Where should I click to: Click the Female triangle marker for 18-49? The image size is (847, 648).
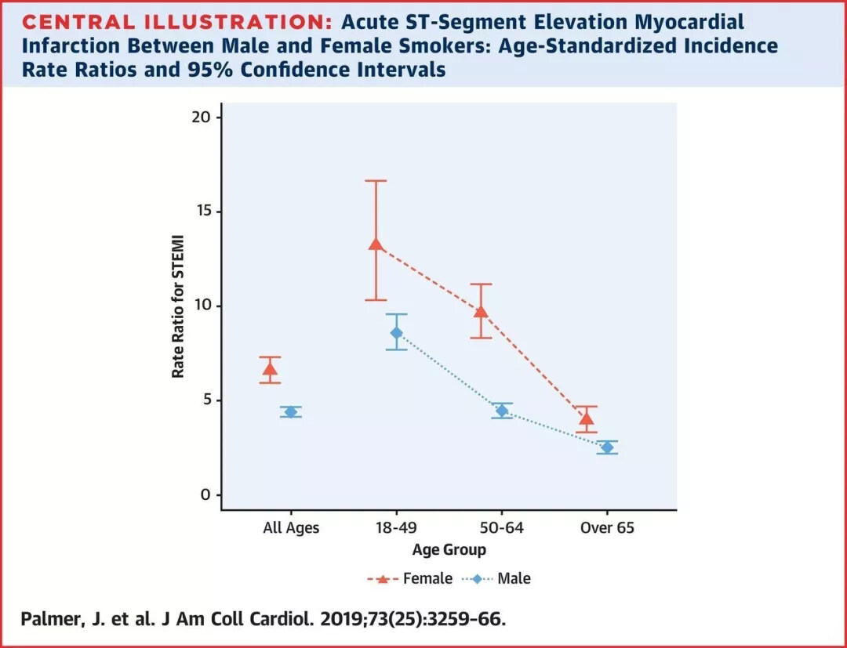click(x=376, y=244)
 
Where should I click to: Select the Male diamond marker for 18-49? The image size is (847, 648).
click(x=397, y=333)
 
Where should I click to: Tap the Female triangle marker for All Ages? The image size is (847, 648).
click(x=270, y=369)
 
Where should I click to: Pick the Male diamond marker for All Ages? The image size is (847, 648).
click(x=291, y=412)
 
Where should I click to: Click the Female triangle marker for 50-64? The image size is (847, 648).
click(x=481, y=312)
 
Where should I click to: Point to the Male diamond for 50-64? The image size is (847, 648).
click(x=502, y=411)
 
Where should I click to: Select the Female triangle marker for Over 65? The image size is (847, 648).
click(x=587, y=418)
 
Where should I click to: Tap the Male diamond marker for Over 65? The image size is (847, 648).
click(x=607, y=447)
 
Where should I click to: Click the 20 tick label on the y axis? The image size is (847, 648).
click(x=202, y=118)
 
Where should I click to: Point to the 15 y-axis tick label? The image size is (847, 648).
click(x=202, y=212)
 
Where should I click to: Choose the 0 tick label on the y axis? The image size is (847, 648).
click(x=206, y=495)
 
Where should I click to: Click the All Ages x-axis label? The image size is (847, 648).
click(x=291, y=528)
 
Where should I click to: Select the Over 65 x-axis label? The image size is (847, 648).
click(x=607, y=528)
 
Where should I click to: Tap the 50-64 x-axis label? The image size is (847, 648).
click(x=502, y=528)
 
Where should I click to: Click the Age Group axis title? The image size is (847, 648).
click(x=449, y=549)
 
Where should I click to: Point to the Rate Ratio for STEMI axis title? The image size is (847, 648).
click(x=179, y=306)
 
